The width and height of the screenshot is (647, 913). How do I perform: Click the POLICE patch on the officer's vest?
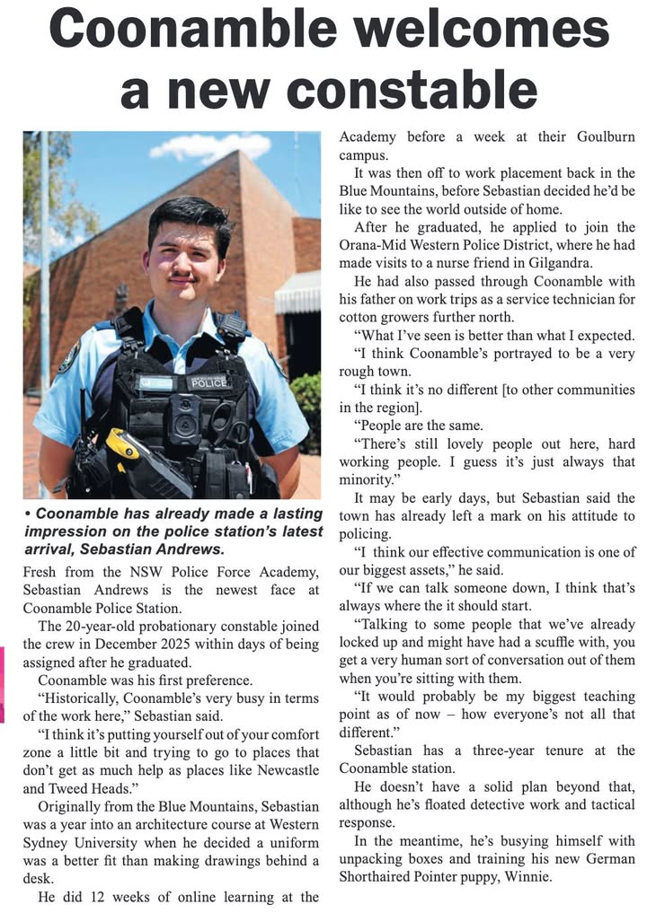point(208,382)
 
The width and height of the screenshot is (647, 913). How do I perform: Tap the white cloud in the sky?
point(209,145)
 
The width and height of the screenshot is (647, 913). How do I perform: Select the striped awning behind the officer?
point(297,293)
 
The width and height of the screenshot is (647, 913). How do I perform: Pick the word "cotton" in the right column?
point(359,316)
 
